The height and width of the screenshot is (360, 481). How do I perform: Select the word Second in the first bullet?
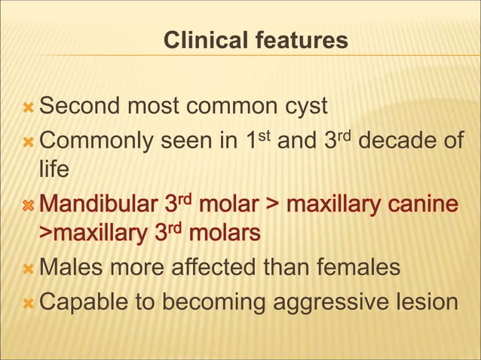coord(78,106)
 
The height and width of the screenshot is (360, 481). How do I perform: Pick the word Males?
coord(72,267)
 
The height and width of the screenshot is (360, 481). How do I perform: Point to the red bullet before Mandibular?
coord(28,205)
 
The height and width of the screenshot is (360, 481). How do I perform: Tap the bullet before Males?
coord(28,268)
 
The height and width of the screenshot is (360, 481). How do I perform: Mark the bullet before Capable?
coord(28,301)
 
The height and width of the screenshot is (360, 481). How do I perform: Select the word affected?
coord(200,267)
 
